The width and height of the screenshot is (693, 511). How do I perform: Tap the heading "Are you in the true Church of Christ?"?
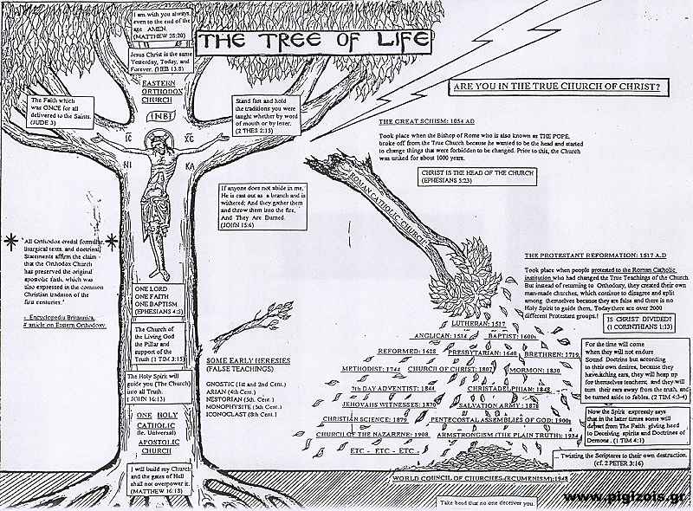pos(554,87)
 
